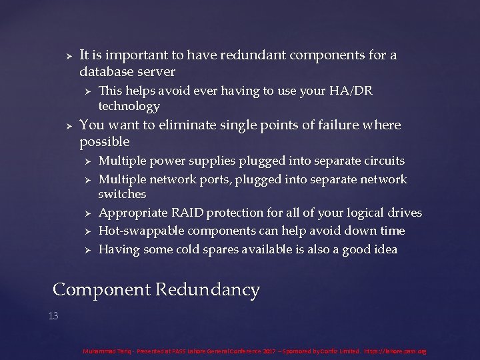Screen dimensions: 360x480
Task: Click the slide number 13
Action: pos(53,316)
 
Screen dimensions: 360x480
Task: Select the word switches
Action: pos(122,194)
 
